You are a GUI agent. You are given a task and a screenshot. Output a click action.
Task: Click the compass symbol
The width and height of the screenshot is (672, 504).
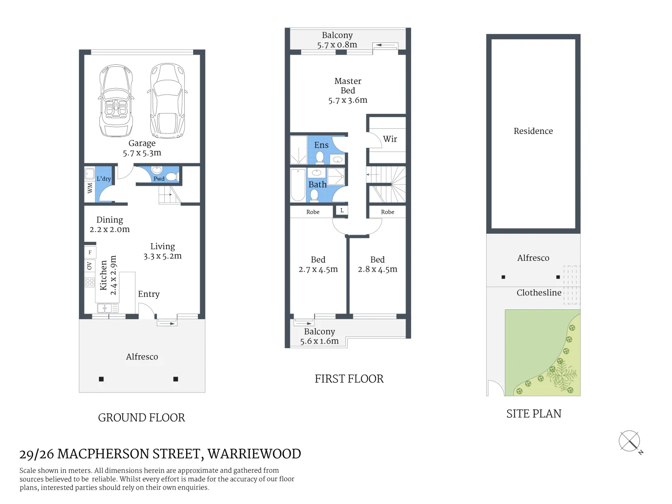coord(630,441)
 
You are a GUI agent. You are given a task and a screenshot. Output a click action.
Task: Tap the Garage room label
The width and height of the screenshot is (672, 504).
coord(142,143)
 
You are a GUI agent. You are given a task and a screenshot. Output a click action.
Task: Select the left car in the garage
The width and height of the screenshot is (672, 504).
coord(116,101)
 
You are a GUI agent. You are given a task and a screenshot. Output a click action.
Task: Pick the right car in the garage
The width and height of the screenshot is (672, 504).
coord(168,101)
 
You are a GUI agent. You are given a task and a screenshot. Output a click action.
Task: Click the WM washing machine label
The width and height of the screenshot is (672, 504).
coord(90,188)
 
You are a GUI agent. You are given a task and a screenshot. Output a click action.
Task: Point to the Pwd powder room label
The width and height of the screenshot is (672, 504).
coord(159,179)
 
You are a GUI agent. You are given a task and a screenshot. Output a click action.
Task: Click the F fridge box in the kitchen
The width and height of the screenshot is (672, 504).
coord(90,252)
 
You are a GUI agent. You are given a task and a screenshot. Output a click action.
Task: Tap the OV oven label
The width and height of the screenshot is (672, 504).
coord(90,266)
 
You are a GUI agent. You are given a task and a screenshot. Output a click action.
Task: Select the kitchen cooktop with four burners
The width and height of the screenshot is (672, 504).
coord(90,282)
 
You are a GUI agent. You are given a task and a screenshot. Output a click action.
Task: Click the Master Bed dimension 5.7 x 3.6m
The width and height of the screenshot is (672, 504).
coord(348,100)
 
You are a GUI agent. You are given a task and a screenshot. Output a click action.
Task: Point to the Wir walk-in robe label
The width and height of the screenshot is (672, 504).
coord(390,139)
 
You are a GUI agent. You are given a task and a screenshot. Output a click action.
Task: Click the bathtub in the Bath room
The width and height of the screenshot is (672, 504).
coord(298,185)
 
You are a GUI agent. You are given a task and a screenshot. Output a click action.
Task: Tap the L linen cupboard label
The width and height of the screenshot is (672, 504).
coord(342,210)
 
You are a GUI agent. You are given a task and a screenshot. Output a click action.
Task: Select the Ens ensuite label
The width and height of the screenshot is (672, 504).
coord(321,145)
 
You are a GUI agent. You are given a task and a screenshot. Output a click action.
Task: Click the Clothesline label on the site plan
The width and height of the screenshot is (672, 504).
coord(539,293)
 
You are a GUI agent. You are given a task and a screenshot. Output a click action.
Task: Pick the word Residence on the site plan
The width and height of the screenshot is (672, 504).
coord(533,131)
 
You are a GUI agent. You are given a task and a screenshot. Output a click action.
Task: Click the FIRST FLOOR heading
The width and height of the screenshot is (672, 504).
coord(349,379)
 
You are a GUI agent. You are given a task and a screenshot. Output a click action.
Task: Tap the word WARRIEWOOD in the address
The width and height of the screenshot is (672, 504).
coord(254,454)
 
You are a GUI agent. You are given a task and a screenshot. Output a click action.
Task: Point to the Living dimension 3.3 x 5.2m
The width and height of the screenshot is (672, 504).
coord(162,256)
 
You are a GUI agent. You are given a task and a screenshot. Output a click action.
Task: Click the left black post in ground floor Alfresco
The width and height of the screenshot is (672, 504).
coord(101,379)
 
